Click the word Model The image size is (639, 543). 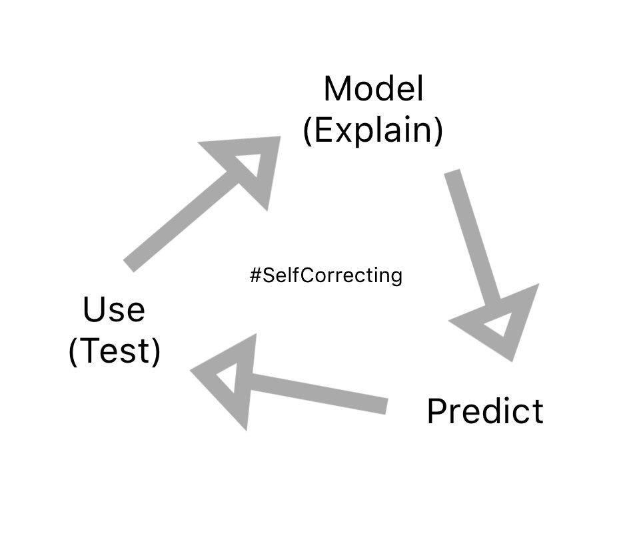(x=373, y=89)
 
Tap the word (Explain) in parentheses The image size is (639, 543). (x=372, y=131)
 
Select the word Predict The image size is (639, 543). (x=484, y=411)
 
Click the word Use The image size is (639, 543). (x=113, y=310)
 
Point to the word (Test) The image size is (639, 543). (x=114, y=351)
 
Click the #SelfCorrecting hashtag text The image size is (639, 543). (x=326, y=275)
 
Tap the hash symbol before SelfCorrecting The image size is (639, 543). (x=255, y=275)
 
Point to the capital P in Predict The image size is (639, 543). (x=435, y=411)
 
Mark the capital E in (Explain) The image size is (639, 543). (x=322, y=131)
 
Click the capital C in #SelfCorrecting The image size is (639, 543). (x=299, y=275)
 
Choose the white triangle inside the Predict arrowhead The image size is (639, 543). (x=499, y=326)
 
